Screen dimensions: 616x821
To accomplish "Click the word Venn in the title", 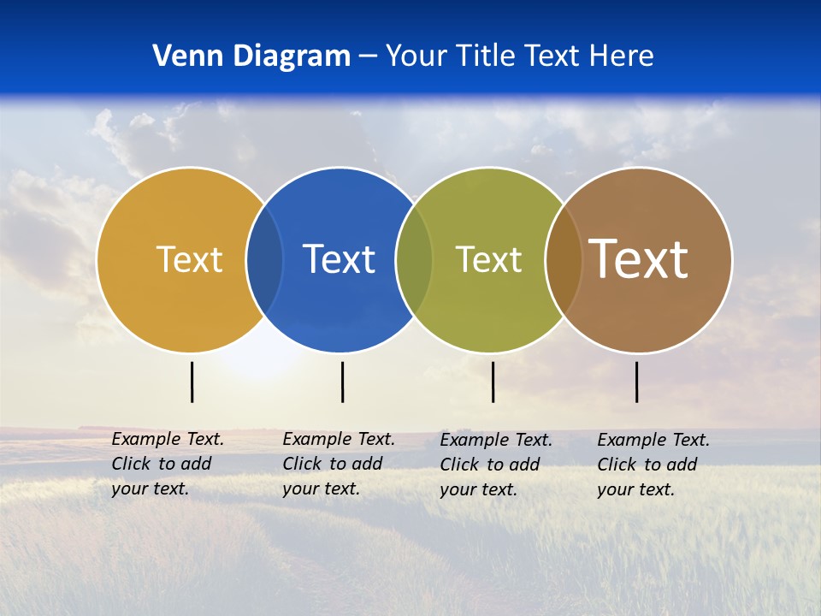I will pos(181,56).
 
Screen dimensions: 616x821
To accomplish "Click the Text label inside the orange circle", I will pos(189,259).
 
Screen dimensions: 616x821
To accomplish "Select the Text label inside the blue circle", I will pos(339,259).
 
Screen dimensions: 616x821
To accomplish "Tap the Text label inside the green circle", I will pos(488,259).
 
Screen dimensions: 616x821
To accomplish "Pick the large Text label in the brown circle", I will pos(638,258).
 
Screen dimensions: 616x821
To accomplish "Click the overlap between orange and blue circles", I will pos(264,259).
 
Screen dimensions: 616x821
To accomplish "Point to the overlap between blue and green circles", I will pos(414,259).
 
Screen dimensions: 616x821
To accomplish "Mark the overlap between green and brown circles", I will pos(564,259).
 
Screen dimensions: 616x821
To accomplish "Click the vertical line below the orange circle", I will pos(192,382).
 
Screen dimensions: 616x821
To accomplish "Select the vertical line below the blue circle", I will pos(342,382).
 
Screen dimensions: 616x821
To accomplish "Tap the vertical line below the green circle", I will pos(493,382).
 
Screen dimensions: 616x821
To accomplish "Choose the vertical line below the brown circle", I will pos(636,382).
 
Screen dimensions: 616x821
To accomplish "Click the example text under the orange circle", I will pos(167,464).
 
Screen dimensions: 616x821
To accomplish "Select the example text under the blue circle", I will pos(338,464).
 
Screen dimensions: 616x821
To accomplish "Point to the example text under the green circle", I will pos(495,465).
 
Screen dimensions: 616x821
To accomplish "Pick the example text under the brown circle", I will pos(653,465).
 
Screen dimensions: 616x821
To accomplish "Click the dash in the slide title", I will pos(368,56).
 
